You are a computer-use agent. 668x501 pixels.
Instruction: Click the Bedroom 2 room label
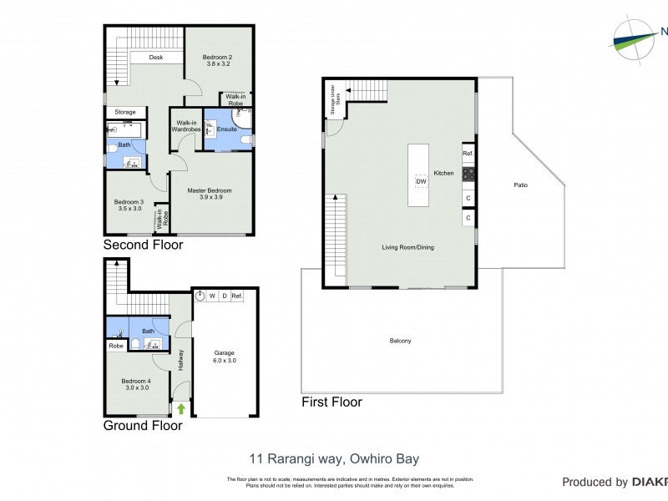tap(217, 58)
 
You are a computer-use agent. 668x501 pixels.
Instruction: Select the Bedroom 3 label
tap(129, 202)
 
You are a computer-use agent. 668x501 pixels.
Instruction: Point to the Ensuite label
tap(227, 129)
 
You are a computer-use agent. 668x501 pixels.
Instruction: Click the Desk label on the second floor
tap(155, 58)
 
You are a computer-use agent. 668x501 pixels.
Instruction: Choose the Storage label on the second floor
tap(125, 112)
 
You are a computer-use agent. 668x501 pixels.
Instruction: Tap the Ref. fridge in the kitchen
tap(468, 154)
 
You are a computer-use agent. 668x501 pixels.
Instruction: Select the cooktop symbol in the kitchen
tap(468, 175)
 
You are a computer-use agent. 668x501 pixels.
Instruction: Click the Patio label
tap(520, 185)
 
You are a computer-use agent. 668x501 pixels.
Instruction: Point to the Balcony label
tap(401, 341)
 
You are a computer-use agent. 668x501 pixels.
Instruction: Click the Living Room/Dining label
tap(408, 247)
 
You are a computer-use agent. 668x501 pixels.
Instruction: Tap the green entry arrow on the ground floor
tap(180, 409)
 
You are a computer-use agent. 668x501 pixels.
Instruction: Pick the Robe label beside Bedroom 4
tap(116, 345)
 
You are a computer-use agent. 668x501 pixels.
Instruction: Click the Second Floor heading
tap(143, 245)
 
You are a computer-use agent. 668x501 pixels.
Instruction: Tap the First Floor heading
tap(331, 402)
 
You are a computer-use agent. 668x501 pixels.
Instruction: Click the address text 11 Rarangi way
tap(334, 458)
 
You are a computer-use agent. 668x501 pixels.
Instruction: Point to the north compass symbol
tap(635, 38)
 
